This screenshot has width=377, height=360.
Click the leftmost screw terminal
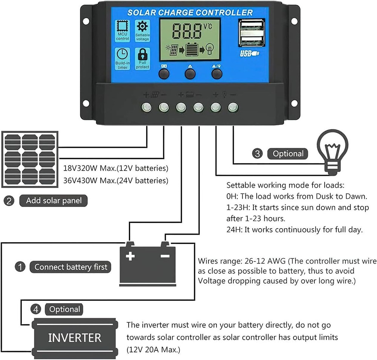tap(146, 108)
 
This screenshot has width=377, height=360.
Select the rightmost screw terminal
tap(233, 108)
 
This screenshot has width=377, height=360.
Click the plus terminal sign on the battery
tap(130, 256)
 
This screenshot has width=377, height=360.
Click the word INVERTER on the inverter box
tap(75, 337)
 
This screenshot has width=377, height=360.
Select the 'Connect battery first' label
tap(71, 267)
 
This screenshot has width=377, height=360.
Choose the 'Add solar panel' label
tap(53, 200)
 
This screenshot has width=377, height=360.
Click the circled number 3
tap(257, 154)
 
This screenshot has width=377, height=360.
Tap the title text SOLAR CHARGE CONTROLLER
tap(190, 12)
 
